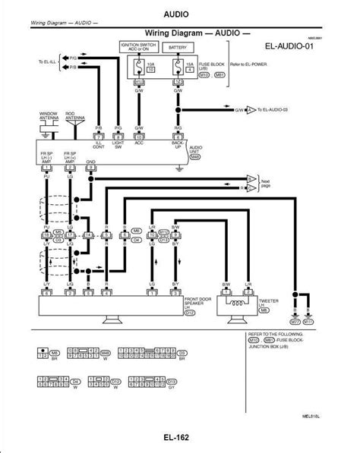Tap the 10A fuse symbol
[x=139, y=70]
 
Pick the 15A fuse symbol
[x=178, y=70]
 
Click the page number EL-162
[x=178, y=439]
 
